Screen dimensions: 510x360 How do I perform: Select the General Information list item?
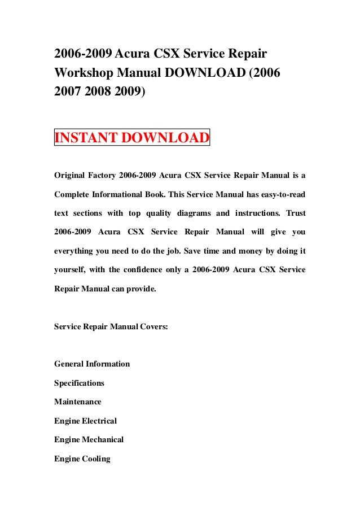point(92,364)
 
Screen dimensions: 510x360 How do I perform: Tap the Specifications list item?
point(79,383)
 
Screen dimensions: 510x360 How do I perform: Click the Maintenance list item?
point(78,402)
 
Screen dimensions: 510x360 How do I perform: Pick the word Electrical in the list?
point(99,421)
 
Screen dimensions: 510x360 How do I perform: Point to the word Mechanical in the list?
point(103,439)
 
